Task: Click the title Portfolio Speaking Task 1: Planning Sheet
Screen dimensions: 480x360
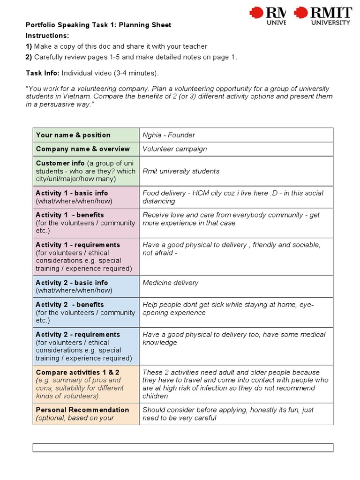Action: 98,25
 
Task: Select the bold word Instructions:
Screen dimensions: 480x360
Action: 47,36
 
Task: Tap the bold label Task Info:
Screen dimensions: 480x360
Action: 43,73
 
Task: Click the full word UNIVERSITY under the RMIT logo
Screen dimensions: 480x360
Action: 331,22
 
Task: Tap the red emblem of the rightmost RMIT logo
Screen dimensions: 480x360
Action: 300,13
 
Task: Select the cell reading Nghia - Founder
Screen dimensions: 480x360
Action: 169,135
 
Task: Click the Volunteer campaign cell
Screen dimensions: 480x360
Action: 174,149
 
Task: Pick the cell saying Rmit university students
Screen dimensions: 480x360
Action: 181,171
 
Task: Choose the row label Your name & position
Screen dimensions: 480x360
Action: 73,135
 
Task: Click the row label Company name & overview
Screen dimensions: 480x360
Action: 82,149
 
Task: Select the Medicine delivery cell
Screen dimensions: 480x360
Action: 170,283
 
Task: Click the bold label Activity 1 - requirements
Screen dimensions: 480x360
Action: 78,245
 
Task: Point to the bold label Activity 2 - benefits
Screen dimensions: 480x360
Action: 70,305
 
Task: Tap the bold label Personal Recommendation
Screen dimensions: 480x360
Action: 82,410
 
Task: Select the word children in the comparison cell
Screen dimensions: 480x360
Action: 155,396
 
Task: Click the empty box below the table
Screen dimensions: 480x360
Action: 183,448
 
